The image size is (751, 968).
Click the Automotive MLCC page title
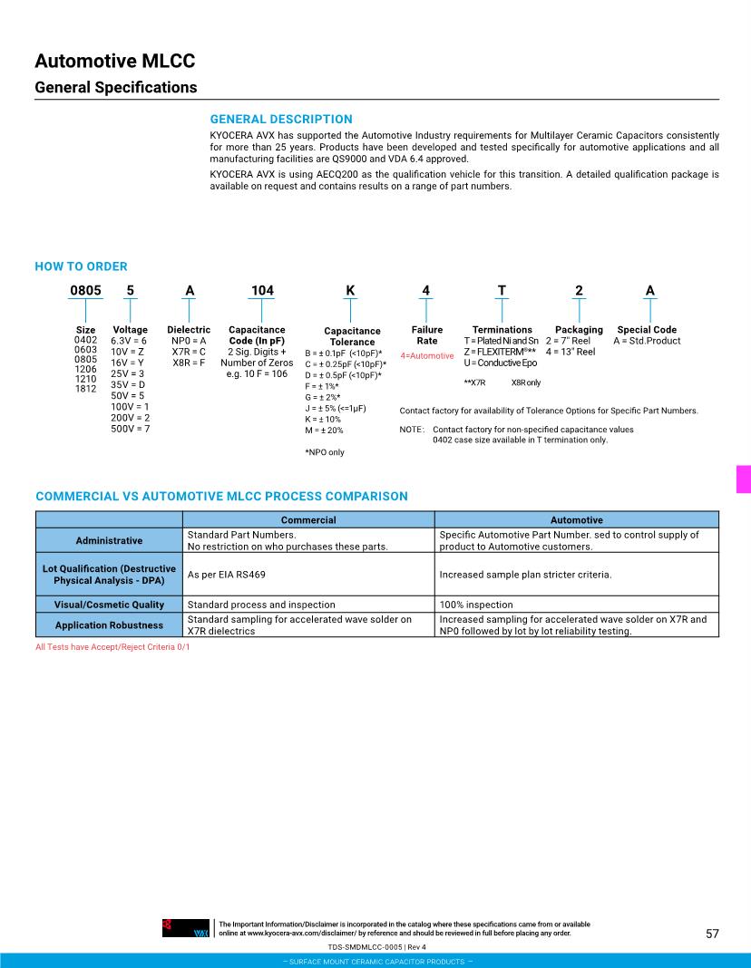[x=115, y=62]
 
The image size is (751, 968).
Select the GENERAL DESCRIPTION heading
[x=281, y=119]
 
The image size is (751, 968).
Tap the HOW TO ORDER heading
[x=81, y=266]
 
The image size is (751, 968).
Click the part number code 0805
[x=86, y=291]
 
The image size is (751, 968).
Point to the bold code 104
[x=262, y=291]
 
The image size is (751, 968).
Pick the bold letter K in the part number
[x=350, y=291]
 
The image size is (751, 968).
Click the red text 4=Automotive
[x=427, y=356]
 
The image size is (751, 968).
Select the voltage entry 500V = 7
[x=130, y=429]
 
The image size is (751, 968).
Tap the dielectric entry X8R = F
[x=189, y=363]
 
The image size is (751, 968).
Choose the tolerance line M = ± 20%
[x=324, y=431]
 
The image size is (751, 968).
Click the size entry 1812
[x=85, y=389]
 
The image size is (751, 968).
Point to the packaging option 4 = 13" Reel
[x=571, y=352]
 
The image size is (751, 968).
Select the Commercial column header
[x=308, y=520]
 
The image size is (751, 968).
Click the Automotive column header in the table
[x=576, y=520]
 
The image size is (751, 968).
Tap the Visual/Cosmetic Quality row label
[x=109, y=605]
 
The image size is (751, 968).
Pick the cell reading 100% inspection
[x=476, y=605]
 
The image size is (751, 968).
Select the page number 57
[x=712, y=934]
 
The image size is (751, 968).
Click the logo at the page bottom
[x=186, y=928]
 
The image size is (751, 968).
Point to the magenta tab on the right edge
[x=744, y=479]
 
